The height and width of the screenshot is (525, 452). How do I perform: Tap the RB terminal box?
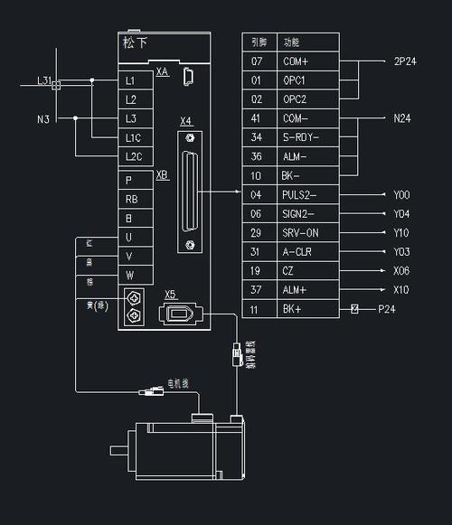pos(132,198)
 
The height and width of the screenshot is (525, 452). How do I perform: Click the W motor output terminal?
pos(130,275)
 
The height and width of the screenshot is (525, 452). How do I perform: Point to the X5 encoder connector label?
pos(170,295)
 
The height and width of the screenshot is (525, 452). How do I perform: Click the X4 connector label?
pos(185,121)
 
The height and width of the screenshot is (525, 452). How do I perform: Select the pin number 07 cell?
pos(257,61)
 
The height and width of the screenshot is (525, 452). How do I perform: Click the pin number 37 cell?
pos(257,289)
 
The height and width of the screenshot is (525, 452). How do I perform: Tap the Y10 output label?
pos(401,232)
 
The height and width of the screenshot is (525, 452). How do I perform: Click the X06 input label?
pos(401,270)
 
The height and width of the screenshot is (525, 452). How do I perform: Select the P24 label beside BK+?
pos(386,309)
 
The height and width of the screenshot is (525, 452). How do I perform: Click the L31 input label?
pos(42,80)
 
